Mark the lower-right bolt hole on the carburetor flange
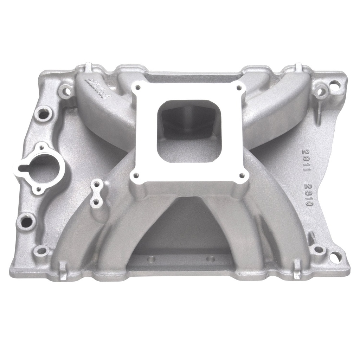tap(242, 174)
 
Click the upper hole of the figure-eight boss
tap(96, 184)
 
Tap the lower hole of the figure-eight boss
tap(95, 202)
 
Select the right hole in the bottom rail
tap(210, 259)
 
